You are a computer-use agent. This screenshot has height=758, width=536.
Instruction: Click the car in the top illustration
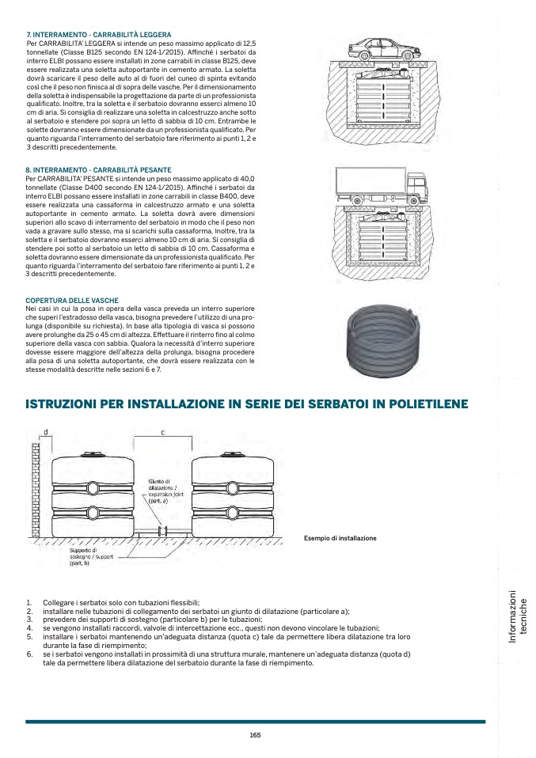[382, 47]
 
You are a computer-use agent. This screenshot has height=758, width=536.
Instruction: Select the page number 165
[255, 735]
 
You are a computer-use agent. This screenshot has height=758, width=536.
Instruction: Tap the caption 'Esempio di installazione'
[340, 538]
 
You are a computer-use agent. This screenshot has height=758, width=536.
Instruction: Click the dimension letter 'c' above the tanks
[162, 433]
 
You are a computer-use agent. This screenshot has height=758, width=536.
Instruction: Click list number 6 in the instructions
[29, 655]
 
